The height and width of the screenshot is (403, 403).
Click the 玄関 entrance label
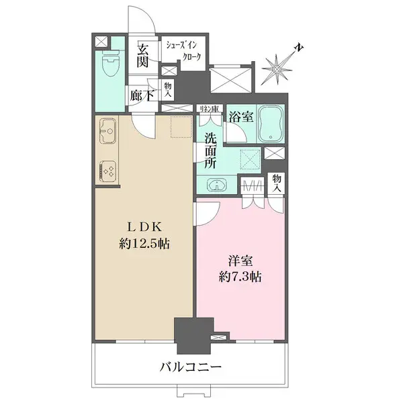(142, 56)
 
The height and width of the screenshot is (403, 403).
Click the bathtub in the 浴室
(271, 122)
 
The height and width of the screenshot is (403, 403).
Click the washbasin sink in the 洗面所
(214, 185)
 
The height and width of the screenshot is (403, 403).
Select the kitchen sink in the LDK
(107, 130)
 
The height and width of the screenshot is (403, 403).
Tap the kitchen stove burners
(108, 171)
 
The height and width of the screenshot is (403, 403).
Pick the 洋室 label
(239, 259)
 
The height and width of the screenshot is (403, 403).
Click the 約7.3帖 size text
(239, 275)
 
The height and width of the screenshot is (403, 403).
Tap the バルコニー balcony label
(191, 368)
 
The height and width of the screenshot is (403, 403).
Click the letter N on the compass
(298, 49)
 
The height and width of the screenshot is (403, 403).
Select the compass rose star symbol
(277, 68)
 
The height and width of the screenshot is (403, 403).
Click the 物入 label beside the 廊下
(169, 89)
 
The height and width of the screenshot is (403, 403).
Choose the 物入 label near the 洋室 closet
(277, 183)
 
